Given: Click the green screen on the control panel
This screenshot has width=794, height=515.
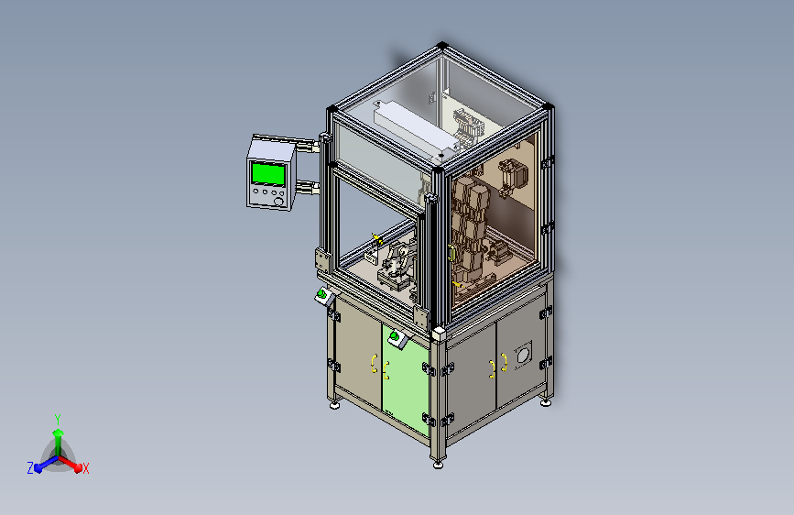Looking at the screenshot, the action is point(268,173).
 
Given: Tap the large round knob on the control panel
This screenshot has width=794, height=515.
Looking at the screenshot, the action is point(278,202).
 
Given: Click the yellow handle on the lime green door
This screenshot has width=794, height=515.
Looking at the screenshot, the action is point(386,370).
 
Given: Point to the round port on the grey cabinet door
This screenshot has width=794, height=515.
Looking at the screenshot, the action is point(523,355).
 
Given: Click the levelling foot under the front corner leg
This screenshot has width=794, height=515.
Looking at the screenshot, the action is point(438,464).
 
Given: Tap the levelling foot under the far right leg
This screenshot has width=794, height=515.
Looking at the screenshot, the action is point(546,402).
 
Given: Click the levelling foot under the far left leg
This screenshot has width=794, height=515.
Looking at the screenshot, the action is point(334,405).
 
